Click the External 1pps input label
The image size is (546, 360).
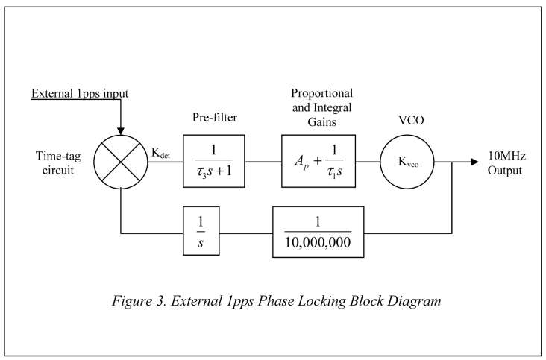coord(80,94)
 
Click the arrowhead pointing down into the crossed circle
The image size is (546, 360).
coord(121,129)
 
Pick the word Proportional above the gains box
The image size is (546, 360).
coord(321,94)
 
